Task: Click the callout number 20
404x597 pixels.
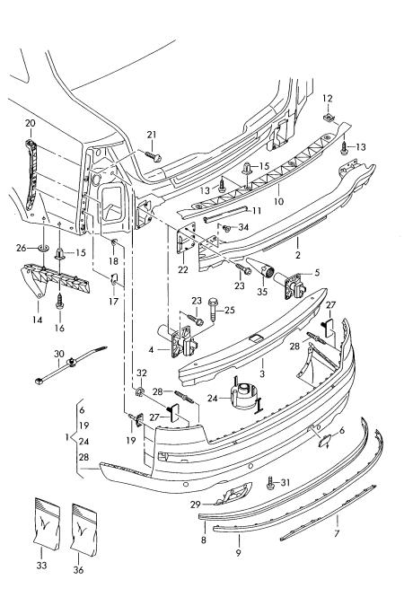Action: (31, 123)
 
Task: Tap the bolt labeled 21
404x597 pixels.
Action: (153, 155)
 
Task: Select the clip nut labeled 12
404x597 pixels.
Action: (329, 118)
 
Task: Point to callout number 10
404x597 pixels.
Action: (278, 201)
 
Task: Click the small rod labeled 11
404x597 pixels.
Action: (225, 214)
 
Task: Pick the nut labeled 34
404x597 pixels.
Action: (228, 228)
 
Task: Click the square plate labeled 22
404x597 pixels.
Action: (186, 239)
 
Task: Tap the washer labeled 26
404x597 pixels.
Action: (44, 249)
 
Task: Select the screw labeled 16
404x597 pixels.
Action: (60, 301)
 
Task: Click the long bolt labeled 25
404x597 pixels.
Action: (213, 309)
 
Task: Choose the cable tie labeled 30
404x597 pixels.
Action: (71, 363)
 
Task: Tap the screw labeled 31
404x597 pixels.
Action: (271, 483)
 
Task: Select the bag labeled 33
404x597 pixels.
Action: (48, 524)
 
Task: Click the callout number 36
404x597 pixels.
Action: (78, 570)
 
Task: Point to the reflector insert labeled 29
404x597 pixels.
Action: (233, 494)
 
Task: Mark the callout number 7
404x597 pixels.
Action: (337, 534)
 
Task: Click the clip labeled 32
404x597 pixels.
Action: (140, 391)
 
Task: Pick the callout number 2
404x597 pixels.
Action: (298, 255)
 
